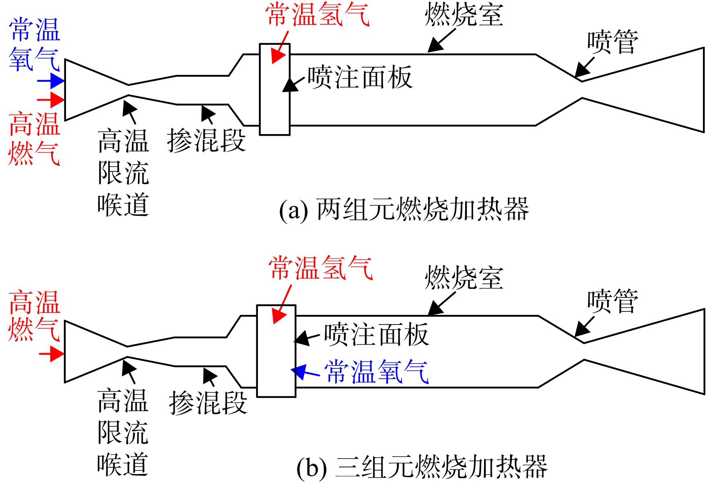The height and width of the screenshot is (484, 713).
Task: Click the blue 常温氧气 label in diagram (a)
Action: coord(34,44)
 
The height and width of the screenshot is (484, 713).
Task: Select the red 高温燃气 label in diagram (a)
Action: coord(34,139)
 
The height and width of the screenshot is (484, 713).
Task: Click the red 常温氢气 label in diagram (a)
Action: coord(317,14)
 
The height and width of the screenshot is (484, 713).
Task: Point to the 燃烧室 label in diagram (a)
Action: coord(464,14)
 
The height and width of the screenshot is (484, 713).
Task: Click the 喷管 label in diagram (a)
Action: coord(613,42)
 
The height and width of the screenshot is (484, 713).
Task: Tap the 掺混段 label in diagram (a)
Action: coord(206,141)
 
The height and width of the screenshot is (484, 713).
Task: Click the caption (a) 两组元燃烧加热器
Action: coord(404,209)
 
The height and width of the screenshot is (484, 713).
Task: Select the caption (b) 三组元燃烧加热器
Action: coord(422,467)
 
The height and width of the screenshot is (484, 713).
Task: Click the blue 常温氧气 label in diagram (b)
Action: coord(377,371)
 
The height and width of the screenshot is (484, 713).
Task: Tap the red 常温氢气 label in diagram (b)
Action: coord(321,268)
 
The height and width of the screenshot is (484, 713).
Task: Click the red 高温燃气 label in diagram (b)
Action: coord(34,316)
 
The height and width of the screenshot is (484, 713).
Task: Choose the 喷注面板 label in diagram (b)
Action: coord(377,334)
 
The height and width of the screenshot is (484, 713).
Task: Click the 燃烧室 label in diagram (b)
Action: coord(464,277)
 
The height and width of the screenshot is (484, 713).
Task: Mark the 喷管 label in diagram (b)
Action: coord(613,301)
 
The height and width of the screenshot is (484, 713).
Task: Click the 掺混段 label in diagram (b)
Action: coord(208,402)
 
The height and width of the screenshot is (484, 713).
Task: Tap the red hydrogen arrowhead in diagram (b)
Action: coord(279,316)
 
